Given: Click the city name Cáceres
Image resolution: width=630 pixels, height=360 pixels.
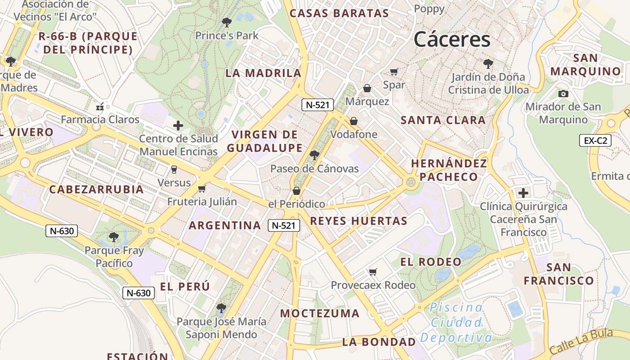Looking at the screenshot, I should [452, 40].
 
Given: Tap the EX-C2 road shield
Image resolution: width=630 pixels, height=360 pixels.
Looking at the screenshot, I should [595, 140].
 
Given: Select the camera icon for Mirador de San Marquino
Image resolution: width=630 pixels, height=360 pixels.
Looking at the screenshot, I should [563, 94].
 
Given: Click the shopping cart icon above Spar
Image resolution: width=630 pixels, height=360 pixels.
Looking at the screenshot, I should [394, 72].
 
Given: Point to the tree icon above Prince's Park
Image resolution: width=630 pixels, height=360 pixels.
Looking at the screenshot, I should [227, 22].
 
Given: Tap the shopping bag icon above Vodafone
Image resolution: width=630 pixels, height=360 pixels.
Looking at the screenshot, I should [354, 121].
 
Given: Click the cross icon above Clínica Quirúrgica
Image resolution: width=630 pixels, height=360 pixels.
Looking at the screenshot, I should [523, 193].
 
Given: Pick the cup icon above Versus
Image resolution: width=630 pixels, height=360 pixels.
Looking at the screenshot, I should [174, 170].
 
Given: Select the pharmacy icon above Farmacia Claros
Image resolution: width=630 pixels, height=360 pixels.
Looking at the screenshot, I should [100, 107].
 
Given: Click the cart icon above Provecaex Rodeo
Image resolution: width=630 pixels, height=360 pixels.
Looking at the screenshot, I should [373, 272].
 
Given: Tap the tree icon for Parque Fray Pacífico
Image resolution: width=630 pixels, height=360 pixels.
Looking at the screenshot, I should [114, 237].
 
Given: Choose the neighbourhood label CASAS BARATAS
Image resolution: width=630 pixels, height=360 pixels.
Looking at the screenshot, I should [339, 13].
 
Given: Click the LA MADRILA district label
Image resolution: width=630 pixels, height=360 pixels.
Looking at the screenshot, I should [263, 73].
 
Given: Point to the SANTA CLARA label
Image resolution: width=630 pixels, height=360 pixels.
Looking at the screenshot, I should [443, 120].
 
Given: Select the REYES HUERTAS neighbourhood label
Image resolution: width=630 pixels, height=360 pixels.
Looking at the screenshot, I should [359, 221].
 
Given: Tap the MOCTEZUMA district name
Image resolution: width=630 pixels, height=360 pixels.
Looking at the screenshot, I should [320, 313].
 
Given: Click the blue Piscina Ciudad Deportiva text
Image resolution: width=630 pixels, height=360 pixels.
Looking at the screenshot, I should [456, 323].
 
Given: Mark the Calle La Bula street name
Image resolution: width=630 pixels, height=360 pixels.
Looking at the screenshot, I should [581, 342].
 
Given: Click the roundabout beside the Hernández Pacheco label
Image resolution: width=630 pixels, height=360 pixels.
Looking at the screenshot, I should [410, 182].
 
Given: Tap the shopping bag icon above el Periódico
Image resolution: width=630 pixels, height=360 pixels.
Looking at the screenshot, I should [296, 191].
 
